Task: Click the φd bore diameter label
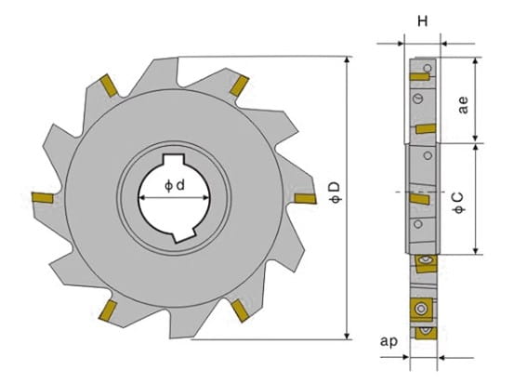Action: tap(175, 185)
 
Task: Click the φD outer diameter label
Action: tap(336, 192)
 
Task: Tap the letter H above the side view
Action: tap(423, 21)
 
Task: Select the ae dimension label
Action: tap(463, 105)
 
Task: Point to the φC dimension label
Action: tap(459, 203)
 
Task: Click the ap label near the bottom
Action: tap(389, 341)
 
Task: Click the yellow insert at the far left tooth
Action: tap(43, 197)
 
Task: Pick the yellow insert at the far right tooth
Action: tap(305, 198)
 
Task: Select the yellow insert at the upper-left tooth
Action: tap(109, 86)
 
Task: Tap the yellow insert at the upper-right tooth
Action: tap(239, 86)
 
